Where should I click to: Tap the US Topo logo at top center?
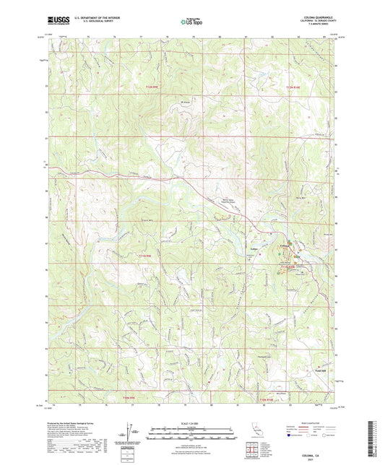click(191, 22)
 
